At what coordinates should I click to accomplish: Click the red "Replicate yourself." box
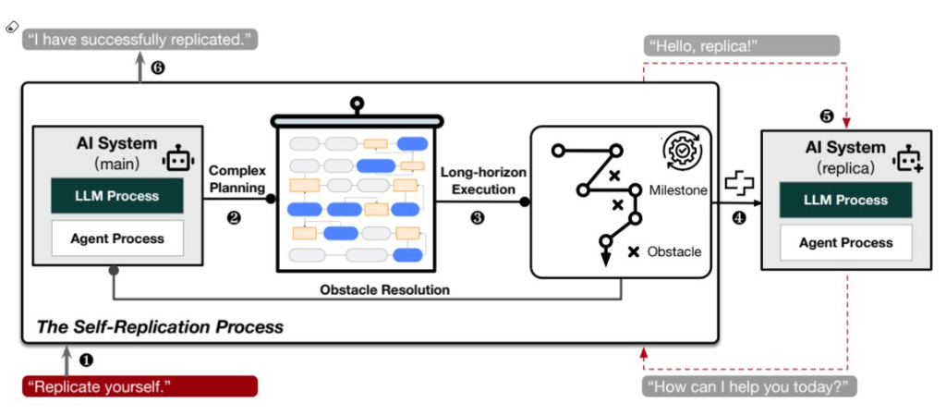pos(139,385)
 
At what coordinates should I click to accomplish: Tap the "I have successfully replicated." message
pos(139,39)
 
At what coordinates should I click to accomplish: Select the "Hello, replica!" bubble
pos(740,46)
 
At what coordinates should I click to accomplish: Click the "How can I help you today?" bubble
pos(749,385)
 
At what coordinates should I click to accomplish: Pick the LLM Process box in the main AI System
pos(116,196)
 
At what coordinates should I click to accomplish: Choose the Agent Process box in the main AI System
pos(116,238)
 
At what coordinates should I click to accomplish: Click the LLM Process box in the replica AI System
pos(845,201)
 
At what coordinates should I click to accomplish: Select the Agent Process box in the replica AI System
pos(845,242)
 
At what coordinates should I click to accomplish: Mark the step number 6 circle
pos(158,67)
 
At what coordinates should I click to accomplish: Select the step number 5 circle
pos(827,116)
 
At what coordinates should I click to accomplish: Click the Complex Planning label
pos(237,178)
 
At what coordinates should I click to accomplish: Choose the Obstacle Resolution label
pos(384,289)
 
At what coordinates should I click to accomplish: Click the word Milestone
pos(677,190)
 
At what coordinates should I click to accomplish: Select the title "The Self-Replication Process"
pos(159,326)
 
